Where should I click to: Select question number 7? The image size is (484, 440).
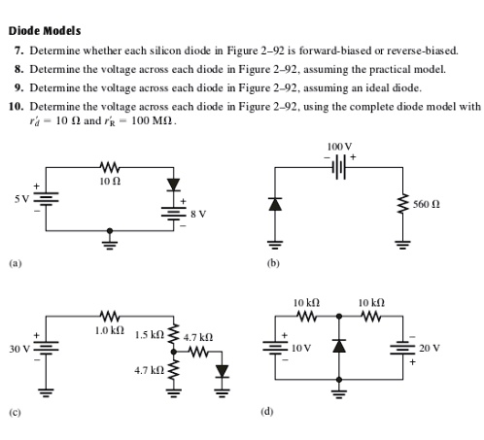(x=18, y=49)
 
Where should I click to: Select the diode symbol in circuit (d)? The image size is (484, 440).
(x=338, y=347)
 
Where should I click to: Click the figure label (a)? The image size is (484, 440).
(x=15, y=262)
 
